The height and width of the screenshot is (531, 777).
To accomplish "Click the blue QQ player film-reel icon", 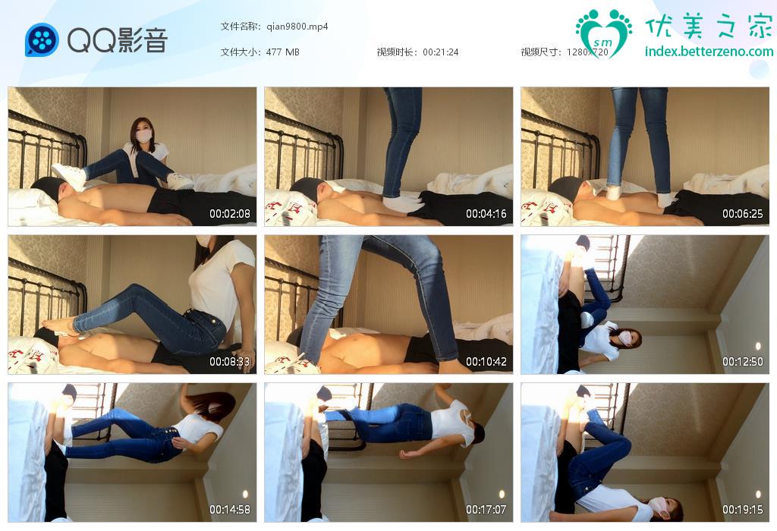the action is pyautogui.click(x=42, y=39).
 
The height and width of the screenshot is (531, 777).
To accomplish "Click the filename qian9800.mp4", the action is pyautogui.click(x=297, y=27).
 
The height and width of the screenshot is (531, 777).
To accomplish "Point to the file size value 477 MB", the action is pyautogui.click(x=282, y=52).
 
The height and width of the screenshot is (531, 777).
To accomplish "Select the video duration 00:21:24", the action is pyautogui.click(x=441, y=52).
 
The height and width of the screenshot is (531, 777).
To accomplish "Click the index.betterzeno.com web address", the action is pyautogui.click(x=709, y=51).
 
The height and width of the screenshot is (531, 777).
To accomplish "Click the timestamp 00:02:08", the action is pyautogui.click(x=229, y=214).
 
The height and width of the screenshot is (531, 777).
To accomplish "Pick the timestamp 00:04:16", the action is pyautogui.click(x=486, y=214).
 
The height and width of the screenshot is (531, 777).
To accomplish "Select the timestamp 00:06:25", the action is pyautogui.click(x=742, y=214).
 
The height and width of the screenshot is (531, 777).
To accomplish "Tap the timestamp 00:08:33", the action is pyautogui.click(x=229, y=362).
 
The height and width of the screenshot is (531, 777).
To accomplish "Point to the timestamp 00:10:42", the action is pyautogui.click(x=486, y=362).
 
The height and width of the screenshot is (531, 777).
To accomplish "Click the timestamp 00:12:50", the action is pyautogui.click(x=742, y=362).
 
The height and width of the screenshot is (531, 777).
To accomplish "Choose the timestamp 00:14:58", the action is pyautogui.click(x=229, y=509).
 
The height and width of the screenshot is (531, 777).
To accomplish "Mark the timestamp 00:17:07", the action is pyautogui.click(x=486, y=509).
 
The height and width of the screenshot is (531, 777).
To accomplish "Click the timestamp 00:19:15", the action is pyautogui.click(x=742, y=509).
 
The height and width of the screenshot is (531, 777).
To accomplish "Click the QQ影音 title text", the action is pyautogui.click(x=118, y=40).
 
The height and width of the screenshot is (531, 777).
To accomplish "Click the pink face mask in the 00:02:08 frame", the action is pyautogui.click(x=143, y=136).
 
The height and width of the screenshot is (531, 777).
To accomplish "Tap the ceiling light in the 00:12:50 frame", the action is pyautogui.click(x=758, y=346).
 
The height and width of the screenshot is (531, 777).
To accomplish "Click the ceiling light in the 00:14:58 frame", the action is pyautogui.click(x=245, y=495).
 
